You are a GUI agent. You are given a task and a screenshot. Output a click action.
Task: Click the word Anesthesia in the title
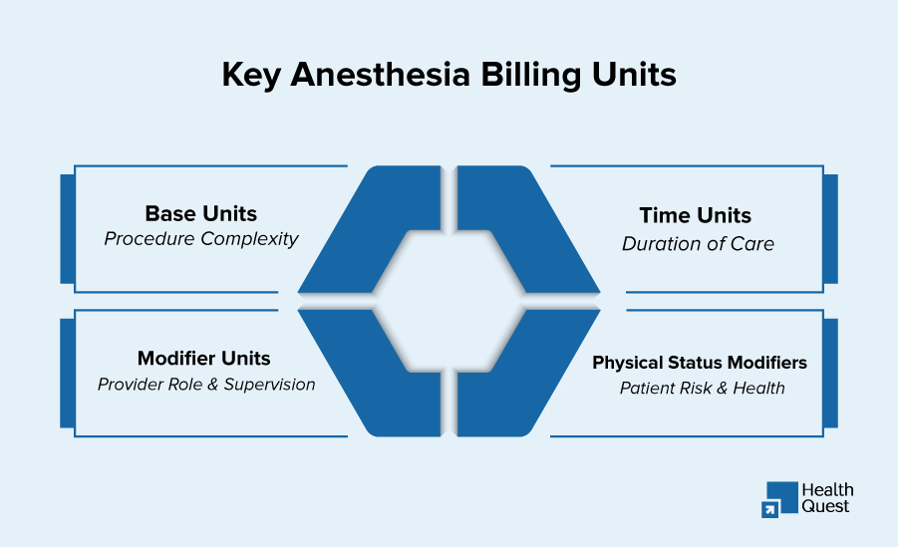[381, 74]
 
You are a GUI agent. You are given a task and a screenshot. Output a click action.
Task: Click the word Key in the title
[251, 76]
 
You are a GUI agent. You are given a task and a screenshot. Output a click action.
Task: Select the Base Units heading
[201, 213]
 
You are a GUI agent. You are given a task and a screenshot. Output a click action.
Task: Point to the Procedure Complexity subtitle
[201, 239]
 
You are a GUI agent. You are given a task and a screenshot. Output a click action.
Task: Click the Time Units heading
[696, 215]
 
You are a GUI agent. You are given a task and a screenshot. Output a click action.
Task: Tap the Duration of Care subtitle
[698, 244]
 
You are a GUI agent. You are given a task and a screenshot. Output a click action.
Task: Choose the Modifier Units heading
[204, 358]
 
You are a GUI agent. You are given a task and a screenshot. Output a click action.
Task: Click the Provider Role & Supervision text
[206, 385]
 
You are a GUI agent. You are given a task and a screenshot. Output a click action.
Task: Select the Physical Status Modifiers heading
[700, 363]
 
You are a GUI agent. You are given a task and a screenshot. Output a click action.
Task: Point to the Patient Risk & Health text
[702, 389]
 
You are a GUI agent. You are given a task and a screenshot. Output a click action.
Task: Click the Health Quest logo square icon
[779, 499]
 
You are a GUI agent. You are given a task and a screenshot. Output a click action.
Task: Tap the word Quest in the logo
[825, 506]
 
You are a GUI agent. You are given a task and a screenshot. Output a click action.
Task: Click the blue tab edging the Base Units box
[68, 229]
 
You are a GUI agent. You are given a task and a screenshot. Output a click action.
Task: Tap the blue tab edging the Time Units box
[830, 229]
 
